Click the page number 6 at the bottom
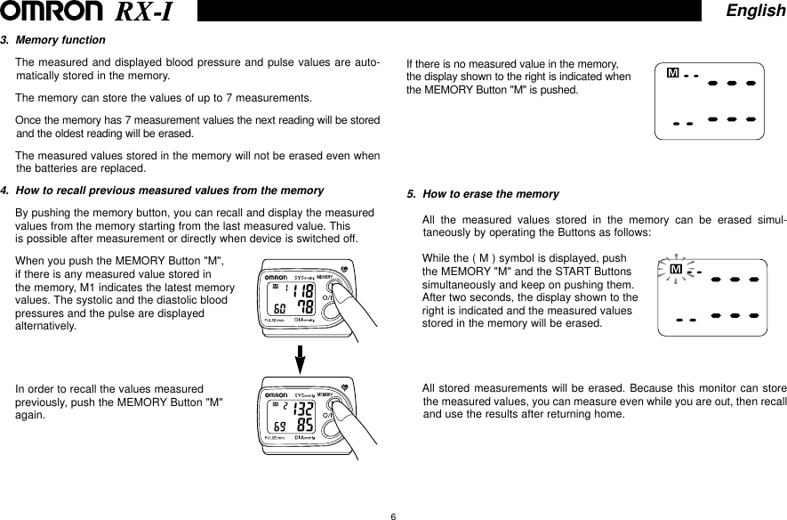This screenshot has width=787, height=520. [392, 514]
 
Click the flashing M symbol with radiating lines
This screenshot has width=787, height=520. [676, 269]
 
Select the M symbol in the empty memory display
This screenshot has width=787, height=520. [672, 72]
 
